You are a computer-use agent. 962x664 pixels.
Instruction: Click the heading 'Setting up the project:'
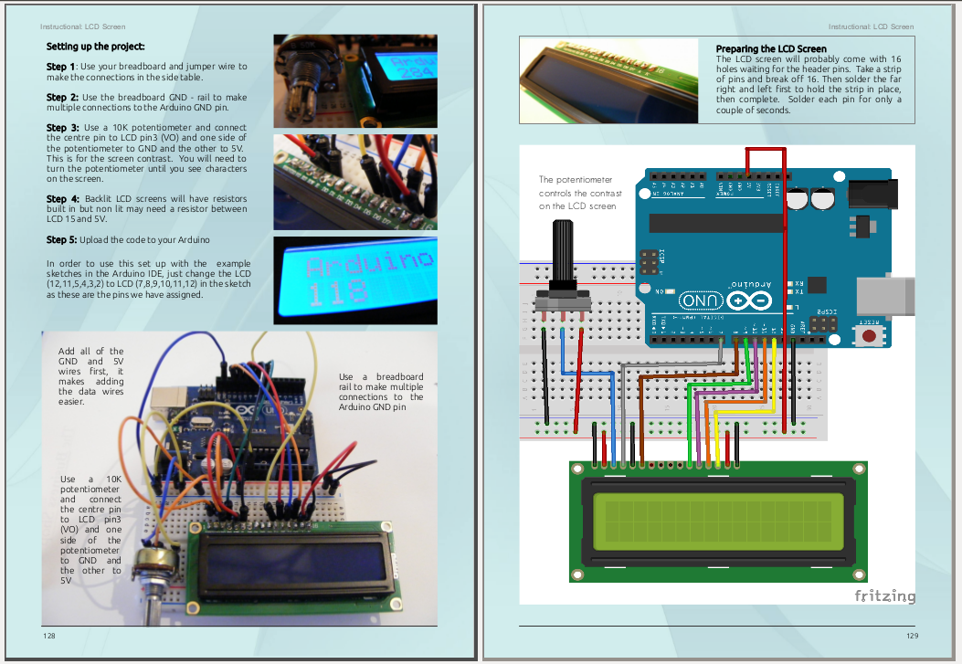pyautogui.click(x=95, y=46)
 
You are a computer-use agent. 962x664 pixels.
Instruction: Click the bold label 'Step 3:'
pyautogui.click(x=63, y=128)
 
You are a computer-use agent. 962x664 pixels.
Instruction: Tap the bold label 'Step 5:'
pyautogui.click(x=63, y=240)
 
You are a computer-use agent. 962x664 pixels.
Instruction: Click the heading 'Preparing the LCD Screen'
pyautogui.click(x=770, y=49)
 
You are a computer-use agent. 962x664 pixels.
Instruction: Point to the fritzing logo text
pyautogui.click(x=884, y=596)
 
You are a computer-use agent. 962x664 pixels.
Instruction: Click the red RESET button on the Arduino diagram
pyautogui.click(x=870, y=336)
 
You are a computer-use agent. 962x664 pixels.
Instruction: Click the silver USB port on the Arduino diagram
pyautogui.click(x=885, y=293)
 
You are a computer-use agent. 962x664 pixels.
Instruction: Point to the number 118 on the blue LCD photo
pyautogui.click(x=337, y=292)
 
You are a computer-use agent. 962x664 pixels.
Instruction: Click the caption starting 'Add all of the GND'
pyautogui.click(x=90, y=376)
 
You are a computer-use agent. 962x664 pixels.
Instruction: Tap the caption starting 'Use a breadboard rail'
pyautogui.click(x=381, y=392)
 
